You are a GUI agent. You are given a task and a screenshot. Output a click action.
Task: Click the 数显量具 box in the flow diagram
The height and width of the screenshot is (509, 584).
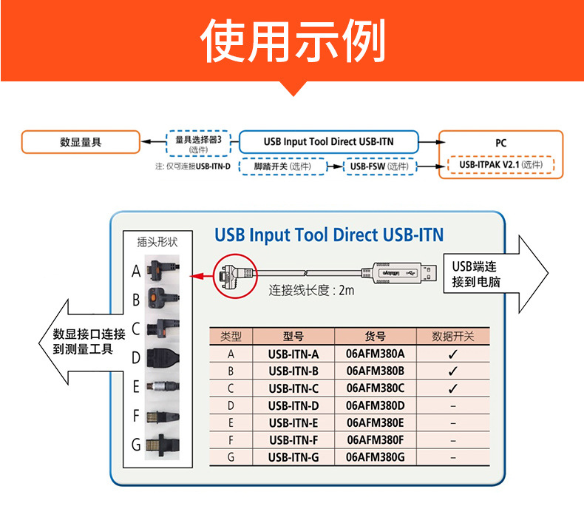coord(80,142)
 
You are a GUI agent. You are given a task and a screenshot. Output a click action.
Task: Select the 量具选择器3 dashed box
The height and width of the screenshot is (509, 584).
coord(199,143)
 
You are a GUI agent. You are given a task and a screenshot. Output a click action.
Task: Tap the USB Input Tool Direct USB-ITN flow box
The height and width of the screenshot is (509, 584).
coord(328,141)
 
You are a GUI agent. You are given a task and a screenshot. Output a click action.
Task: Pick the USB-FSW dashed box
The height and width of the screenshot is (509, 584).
coord(379,166)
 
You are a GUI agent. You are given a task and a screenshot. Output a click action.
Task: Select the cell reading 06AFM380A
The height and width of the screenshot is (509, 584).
coord(376,354)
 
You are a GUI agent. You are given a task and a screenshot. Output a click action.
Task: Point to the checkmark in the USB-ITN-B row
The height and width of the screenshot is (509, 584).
coord(453,371)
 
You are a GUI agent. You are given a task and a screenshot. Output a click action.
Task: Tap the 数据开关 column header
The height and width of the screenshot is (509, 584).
coord(453,336)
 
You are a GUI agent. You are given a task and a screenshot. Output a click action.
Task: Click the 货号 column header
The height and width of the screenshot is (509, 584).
coord(376,336)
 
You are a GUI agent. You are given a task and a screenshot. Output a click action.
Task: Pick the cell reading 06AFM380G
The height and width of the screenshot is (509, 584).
coord(376,457)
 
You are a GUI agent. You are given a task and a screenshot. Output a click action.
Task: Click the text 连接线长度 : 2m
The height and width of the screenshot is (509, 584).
coord(311,290)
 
